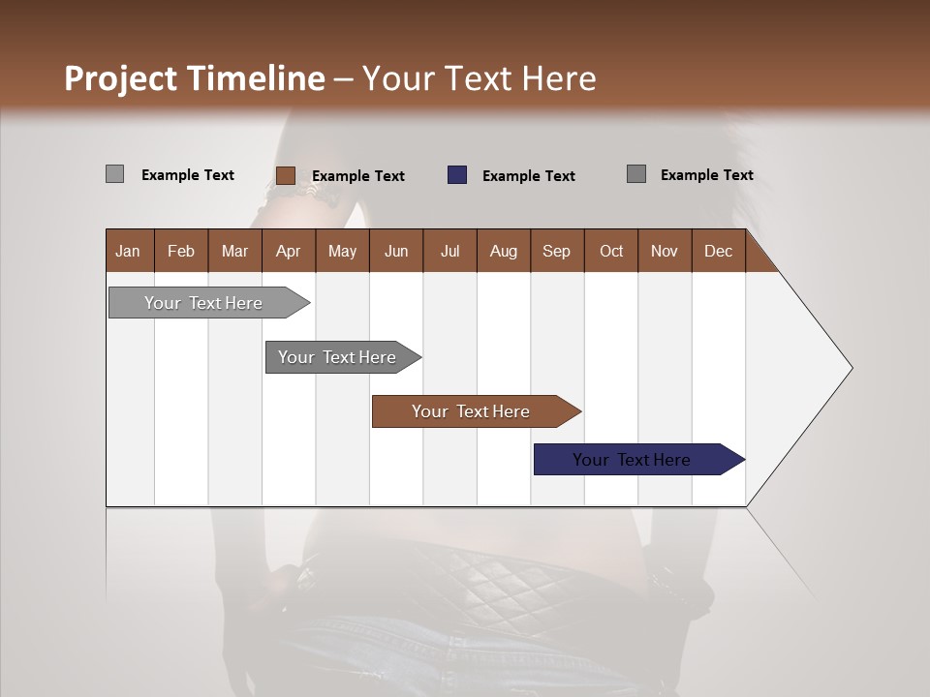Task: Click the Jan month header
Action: pyautogui.click(x=129, y=251)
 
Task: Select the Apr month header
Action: pyautogui.click(x=288, y=251)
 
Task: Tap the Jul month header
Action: pyautogui.click(x=449, y=251)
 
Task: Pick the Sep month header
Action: pyautogui.click(x=556, y=251)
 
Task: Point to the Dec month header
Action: pyautogui.click(x=718, y=251)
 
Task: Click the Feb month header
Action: pyautogui.click(x=181, y=251)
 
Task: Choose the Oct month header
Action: pyautogui.click(x=611, y=251)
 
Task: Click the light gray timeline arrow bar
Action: pyautogui.click(x=203, y=303)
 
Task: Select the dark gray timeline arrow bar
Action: pyautogui.click(x=337, y=357)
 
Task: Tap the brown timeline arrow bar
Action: pyautogui.click(x=471, y=411)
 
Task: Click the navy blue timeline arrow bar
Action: pyautogui.click(x=632, y=460)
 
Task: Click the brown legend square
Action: pyautogui.click(x=285, y=175)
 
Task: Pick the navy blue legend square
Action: pyautogui.click(x=457, y=175)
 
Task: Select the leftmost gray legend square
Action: pyautogui.click(x=114, y=174)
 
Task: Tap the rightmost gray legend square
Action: pyautogui.click(x=636, y=174)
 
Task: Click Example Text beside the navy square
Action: pyautogui.click(x=529, y=176)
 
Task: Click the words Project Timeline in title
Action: pyautogui.click(x=194, y=78)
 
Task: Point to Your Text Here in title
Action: pyautogui.click(x=480, y=78)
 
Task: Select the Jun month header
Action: pyautogui.click(x=396, y=251)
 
